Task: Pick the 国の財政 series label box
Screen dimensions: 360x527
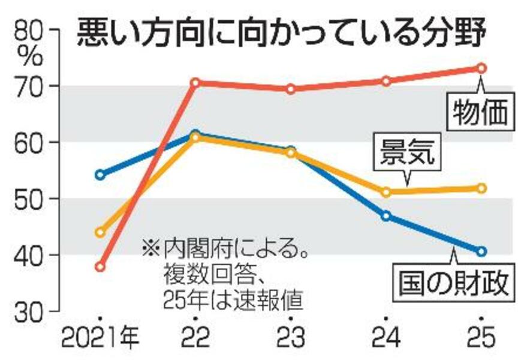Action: [453, 283]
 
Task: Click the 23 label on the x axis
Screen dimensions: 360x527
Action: [290, 339]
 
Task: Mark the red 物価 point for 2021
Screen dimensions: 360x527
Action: [100, 266]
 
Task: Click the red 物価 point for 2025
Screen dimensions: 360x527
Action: [481, 68]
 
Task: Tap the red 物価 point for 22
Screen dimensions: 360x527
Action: [195, 82]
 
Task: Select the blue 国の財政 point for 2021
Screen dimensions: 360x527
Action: [100, 175]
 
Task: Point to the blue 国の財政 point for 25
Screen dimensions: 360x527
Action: [481, 251]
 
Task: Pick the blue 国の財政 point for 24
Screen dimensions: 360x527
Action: [386, 215]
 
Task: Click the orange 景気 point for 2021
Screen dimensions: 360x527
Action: [100, 232]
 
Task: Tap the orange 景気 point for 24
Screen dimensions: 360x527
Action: [386, 192]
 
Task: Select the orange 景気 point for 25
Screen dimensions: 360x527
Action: [481, 188]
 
